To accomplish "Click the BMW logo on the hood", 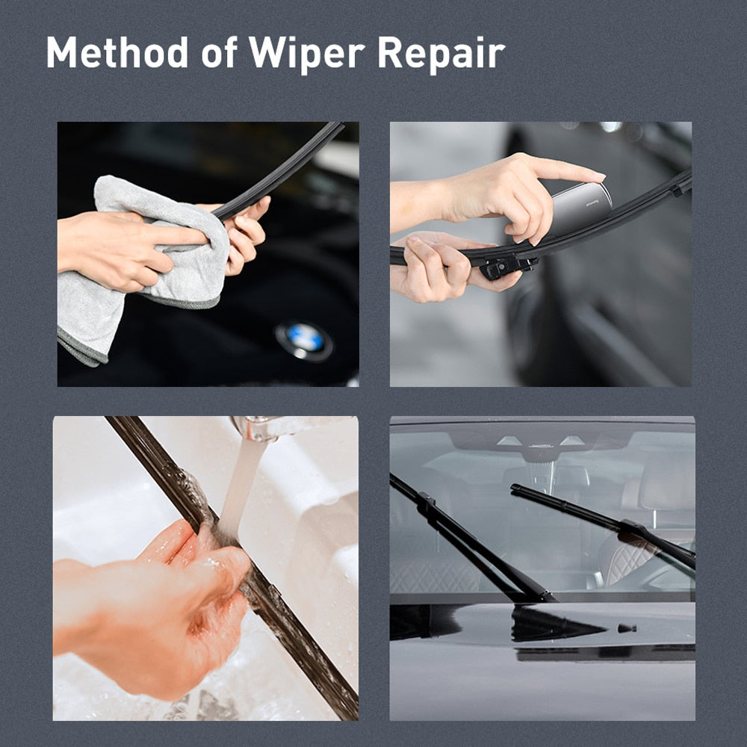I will pos(303,340).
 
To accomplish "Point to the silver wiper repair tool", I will pos(580,208).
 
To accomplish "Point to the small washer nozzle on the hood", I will pos(626,628).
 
